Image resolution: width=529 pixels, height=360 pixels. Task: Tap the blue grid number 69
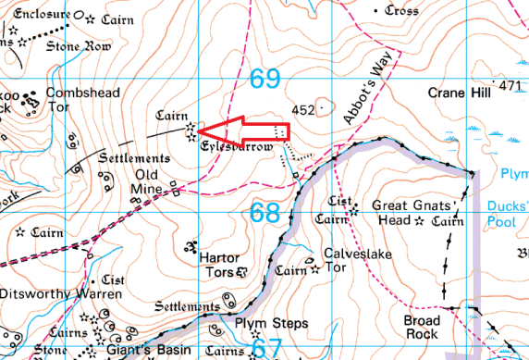pyautogui.click(x=264, y=81)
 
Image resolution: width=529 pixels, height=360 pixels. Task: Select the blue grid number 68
pyautogui.click(x=264, y=213)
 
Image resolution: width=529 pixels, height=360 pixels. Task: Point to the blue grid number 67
pyautogui.click(x=264, y=349)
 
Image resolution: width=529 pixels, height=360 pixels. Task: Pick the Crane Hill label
pyautogui.click(x=458, y=93)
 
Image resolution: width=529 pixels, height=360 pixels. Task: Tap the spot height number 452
pyautogui.click(x=302, y=109)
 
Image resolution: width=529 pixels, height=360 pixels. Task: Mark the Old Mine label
pyautogui.click(x=154, y=181)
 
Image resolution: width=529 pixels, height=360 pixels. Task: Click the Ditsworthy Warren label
pyautogui.click(x=61, y=294)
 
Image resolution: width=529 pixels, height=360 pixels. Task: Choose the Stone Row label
pyautogui.click(x=78, y=45)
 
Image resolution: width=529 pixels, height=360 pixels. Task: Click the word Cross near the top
pyautogui.click(x=402, y=10)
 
